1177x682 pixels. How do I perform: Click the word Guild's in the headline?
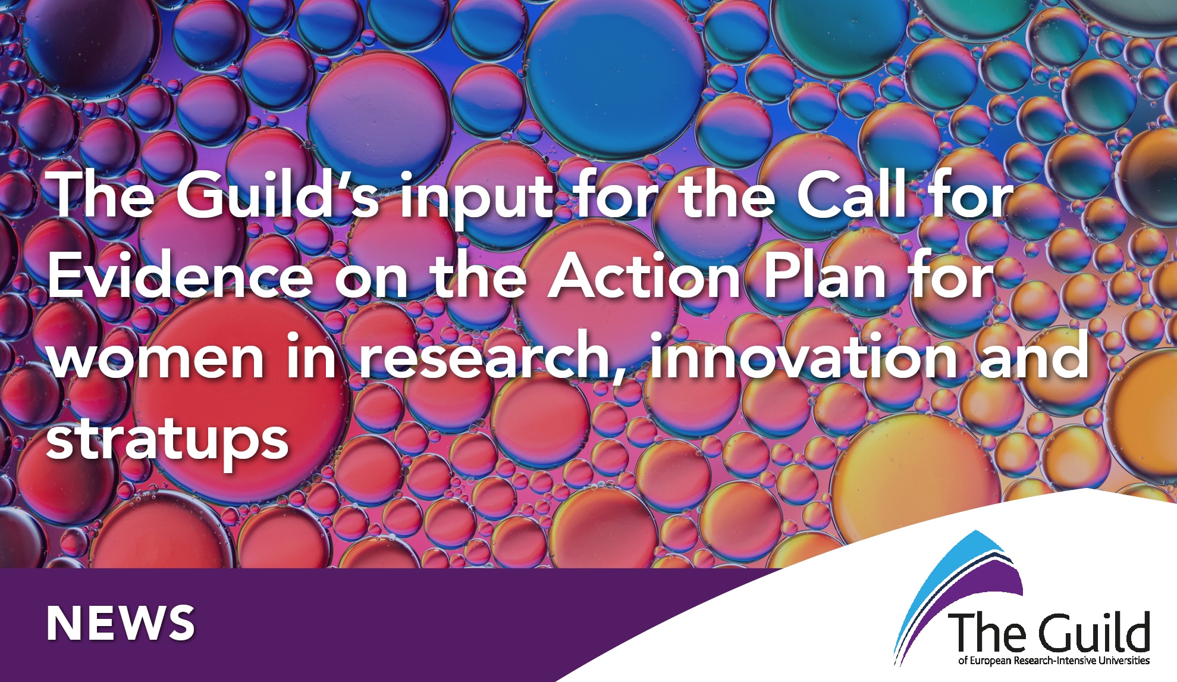[277, 194]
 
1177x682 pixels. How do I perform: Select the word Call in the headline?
[851, 193]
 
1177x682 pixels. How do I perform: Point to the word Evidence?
[180, 275]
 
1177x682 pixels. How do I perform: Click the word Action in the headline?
[644, 275]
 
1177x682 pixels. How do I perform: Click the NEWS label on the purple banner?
[121, 624]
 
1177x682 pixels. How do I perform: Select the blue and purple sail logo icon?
[958, 595]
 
